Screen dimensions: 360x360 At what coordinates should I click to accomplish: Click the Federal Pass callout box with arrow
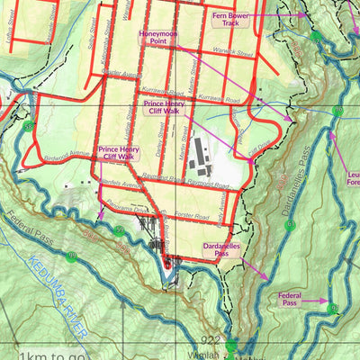click(289, 299)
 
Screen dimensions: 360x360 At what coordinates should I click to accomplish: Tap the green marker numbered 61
click(290, 225)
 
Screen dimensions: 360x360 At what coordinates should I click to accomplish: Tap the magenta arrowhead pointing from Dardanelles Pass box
click(266, 277)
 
